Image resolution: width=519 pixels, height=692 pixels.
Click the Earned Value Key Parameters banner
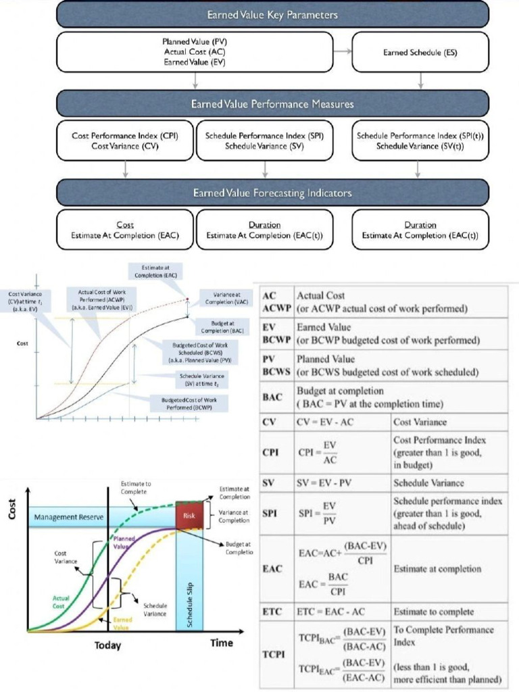point(272,14)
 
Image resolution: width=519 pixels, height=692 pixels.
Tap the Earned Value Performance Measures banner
point(272,104)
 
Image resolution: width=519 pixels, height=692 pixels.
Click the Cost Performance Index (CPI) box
point(124,141)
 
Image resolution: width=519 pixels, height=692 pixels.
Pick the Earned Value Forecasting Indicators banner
point(272,193)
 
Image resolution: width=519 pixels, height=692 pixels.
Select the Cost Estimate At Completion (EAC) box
point(124,230)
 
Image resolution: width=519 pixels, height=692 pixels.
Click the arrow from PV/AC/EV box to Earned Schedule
point(343,51)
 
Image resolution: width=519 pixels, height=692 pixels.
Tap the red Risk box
point(189,516)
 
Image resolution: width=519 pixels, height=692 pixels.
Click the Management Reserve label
point(68,518)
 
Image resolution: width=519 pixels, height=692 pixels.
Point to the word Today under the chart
point(107,645)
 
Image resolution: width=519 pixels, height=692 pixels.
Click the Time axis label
point(221,643)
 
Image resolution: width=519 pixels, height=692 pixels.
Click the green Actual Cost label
point(61,601)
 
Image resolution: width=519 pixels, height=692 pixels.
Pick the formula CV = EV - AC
point(323,422)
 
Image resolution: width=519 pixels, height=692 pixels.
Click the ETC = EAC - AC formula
point(331,612)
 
